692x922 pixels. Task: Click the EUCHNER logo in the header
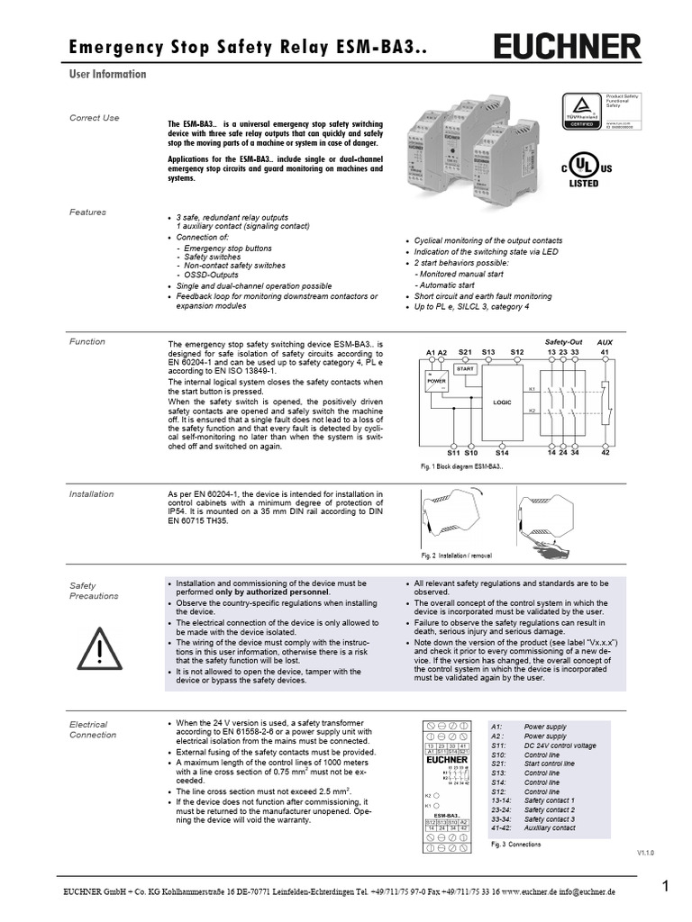point(567,46)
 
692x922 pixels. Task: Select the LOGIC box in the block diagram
point(502,402)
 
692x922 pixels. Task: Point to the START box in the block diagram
point(465,369)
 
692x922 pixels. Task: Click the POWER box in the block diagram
point(436,380)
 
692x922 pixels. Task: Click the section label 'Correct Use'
point(95,118)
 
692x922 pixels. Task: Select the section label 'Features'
point(87,212)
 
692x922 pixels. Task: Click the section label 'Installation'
point(92,494)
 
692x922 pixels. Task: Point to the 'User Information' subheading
point(107,75)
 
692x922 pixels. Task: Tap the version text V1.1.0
point(646,851)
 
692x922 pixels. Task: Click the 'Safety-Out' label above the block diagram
point(564,342)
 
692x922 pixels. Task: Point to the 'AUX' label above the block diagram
point(605,343)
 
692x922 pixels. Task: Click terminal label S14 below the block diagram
point(502,453)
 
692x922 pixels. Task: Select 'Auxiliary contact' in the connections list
point(550,827)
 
